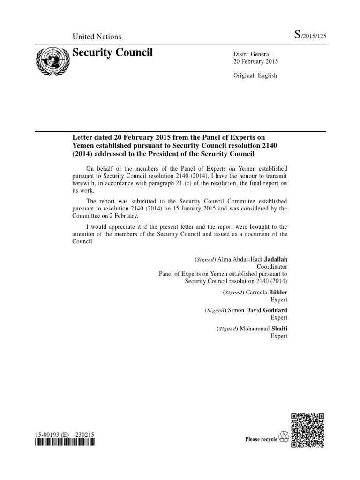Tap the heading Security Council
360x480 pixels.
[112, 52]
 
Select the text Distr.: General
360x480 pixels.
[252, 54]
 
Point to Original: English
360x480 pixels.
[255, 75]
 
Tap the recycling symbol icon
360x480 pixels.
[284, 438]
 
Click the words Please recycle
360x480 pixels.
[261, 439]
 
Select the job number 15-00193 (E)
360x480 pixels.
[52, 435]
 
